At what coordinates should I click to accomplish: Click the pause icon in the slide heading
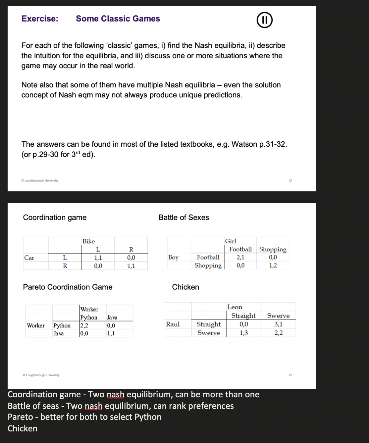pos(265,20)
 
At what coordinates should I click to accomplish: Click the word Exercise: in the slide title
pos(40,19)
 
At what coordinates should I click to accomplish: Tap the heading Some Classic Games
pos(118,19)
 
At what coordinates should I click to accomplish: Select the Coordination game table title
pos(55,218)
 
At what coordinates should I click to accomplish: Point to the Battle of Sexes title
pos(184,218)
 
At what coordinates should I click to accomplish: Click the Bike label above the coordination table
pos(89,241)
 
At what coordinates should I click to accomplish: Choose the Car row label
pos(29,258)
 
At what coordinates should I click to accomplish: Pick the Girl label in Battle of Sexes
pos(231,241)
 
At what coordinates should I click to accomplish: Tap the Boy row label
pos(173,257)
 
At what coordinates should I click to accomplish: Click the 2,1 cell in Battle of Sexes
pos(240,257)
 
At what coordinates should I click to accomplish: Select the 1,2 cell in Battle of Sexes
pos(273,266)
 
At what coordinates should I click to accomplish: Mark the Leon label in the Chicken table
pos(235,307)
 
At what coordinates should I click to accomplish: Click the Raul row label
pos(173,324)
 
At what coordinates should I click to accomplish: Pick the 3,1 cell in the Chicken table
pos(278,324)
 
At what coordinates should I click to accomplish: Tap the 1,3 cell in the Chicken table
pos(243,333)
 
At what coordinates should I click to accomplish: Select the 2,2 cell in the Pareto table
pos(84,325)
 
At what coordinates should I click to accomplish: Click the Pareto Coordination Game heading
pos(68,287)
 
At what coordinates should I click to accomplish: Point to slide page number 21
pos(290,180)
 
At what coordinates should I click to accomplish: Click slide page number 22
pos(290,375)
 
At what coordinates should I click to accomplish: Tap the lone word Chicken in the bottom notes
pos(23,428)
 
